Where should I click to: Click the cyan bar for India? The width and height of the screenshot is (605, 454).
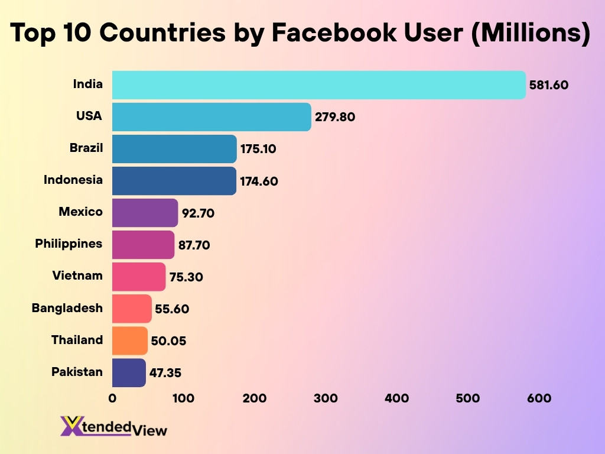[x=318, y=85]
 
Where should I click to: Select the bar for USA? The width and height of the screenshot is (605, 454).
[x=212, y=116]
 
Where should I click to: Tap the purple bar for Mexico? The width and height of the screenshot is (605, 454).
[x=145, y=212]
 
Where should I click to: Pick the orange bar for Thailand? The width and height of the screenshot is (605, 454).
[x=129, y=340]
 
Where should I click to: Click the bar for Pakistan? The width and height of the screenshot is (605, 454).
[x=128, y=372]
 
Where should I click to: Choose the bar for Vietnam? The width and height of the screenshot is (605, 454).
[x=139, y=277]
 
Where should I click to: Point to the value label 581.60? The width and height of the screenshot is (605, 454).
[x=549, y=85]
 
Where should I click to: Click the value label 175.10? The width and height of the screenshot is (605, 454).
[x=258, y=149]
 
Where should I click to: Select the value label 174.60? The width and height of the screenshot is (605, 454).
[x=259, y=181]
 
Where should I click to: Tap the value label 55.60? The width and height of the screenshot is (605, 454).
[x=172, y=309]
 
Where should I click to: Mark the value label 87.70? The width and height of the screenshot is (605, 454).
[x=194, y=245]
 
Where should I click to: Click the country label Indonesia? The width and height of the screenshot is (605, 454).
[x=73, y=180]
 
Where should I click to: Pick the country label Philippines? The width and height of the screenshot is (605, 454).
[x=69, y=244]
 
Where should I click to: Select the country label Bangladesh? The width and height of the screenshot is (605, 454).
[x=67, y=308]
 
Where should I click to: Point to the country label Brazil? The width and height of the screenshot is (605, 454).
[x=86, y=148]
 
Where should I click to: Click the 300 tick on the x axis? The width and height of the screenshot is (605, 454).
[x=326, y=398]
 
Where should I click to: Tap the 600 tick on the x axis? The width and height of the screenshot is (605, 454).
[x=539, y=398]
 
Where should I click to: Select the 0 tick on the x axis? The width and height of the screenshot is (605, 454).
[x=112, y=398]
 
